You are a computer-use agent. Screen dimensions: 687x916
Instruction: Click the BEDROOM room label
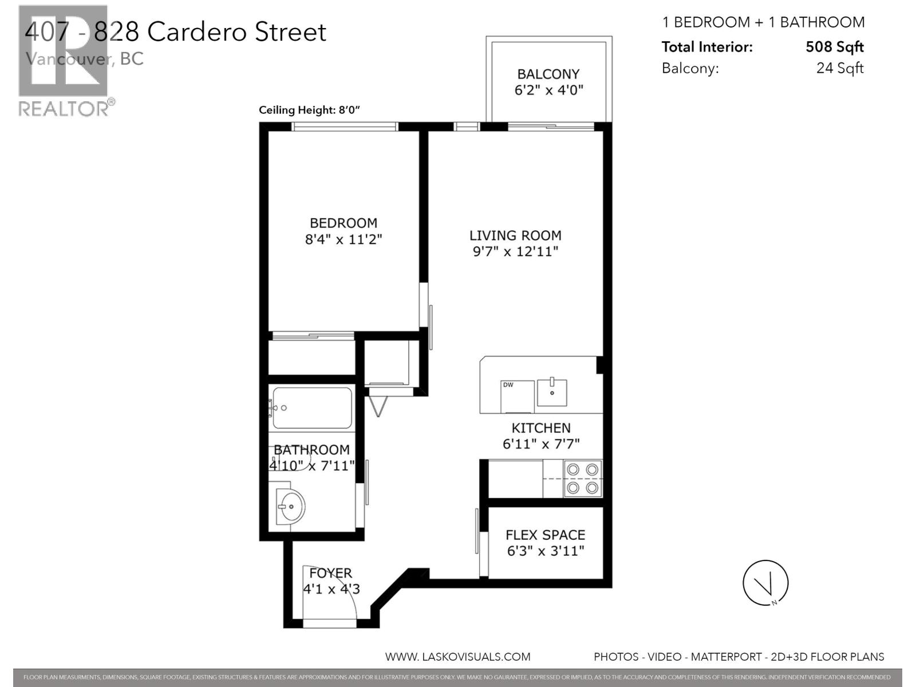pos(343,223)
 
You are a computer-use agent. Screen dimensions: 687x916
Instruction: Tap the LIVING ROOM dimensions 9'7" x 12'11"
pos(515,251)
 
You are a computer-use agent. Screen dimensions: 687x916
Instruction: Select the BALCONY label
pos(548,74)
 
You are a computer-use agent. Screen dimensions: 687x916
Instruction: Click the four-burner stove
pos(583,479)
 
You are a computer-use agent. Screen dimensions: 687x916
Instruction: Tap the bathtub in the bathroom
pos(312,408)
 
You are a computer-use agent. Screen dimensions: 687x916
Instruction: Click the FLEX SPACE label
pos(545,535)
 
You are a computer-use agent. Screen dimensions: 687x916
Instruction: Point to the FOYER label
pos(330,573)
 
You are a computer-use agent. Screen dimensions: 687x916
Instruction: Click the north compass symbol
pos(765,583)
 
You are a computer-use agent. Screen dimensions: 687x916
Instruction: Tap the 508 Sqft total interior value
pos(834,47)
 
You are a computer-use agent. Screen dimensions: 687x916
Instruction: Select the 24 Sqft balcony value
pos(839,68)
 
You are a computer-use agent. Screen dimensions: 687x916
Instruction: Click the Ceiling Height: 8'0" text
pos(309,110)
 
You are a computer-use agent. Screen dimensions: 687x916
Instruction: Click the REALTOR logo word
pos(63,108)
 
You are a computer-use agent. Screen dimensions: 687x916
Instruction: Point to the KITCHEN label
pos(540,428)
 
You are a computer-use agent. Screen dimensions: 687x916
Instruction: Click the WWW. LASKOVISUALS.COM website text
pos(457,657)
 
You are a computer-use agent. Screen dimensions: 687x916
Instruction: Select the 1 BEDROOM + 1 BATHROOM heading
pos(763,22)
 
